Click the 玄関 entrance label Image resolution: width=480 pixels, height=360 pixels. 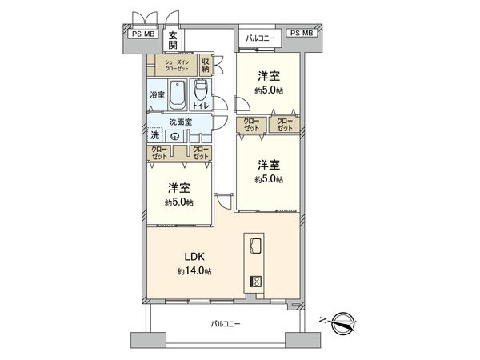point(173,39)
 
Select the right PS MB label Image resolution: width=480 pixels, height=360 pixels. point(302,34)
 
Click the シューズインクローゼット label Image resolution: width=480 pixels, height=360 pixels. point(177,65)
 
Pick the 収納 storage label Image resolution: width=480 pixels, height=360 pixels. point(206,65)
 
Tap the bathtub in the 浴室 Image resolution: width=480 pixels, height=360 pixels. point(177,94)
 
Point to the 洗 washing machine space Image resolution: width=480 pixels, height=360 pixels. point(154,135)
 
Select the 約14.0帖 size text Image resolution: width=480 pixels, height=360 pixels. point(194,272)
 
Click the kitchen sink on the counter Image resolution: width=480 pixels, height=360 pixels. point(257,245)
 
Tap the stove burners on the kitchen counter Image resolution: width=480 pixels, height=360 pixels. point(257,281)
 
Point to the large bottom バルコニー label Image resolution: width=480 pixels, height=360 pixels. point(225,324)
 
